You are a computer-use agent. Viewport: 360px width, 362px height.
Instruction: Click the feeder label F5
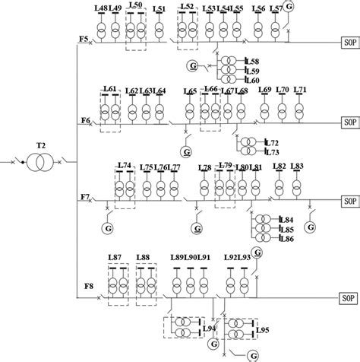click(84, 37)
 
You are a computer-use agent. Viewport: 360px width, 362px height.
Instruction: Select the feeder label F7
click(84, 197)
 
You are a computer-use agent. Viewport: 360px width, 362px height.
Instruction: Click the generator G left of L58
click(194, 67)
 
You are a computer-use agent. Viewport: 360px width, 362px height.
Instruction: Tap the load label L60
click(253, 80)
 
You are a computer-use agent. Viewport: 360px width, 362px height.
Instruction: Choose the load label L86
click(265, 238)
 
